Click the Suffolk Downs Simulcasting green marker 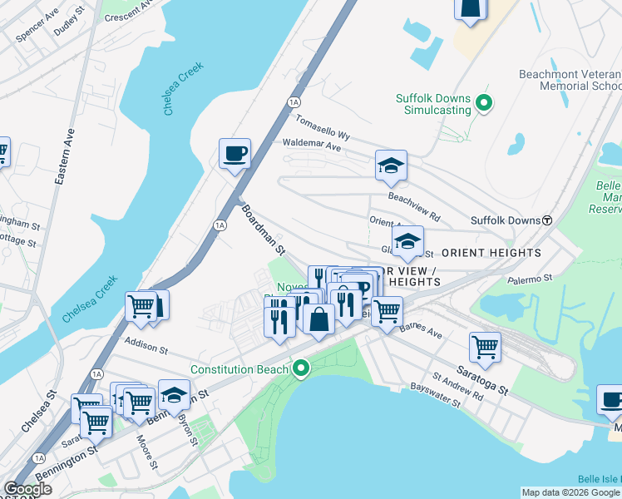click(x=483, y=104)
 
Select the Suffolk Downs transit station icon click(x=547, y=220)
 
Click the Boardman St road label click(x=264, y=229)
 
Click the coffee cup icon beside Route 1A click(x=234, y=153)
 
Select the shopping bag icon click(x=318, y=319)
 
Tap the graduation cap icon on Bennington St click(x=174, y=394)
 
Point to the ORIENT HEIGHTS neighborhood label click(x=491, y=252)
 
